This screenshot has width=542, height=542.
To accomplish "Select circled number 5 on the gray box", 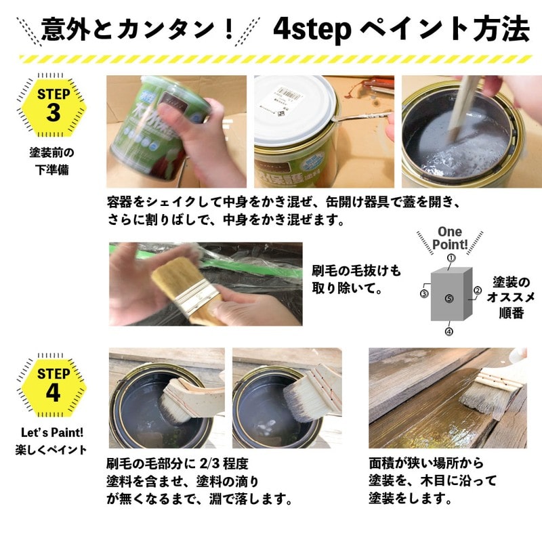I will click(449, 297).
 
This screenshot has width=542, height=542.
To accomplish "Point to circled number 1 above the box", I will click(451, 258).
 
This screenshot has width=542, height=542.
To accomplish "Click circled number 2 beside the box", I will click(476, 291).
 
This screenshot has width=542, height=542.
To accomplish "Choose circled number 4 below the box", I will click(449, 331).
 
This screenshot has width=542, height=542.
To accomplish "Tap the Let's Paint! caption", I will click(52, 432).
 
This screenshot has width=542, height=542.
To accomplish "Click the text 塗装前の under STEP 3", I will click(51, 152).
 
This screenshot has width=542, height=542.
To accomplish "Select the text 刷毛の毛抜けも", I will click(356, 271).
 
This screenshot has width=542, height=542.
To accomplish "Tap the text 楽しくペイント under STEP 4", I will click(51, 449).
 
